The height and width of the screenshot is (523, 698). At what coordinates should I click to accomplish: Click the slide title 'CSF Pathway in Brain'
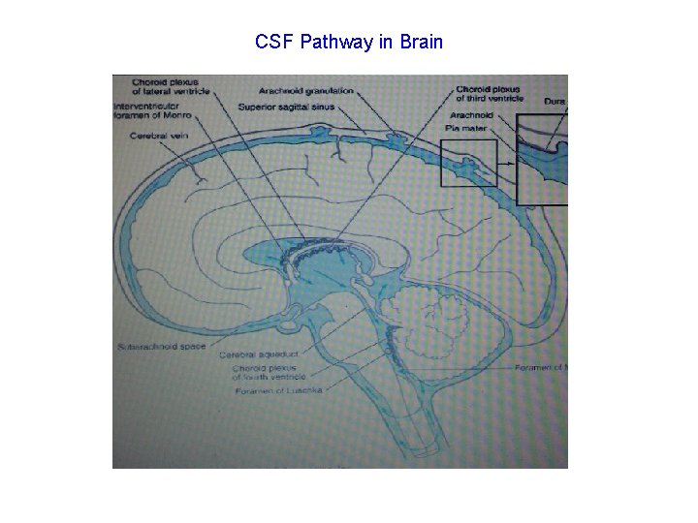349,42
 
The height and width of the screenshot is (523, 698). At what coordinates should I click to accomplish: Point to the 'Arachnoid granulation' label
306,91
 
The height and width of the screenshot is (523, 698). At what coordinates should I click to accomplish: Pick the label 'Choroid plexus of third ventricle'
489,94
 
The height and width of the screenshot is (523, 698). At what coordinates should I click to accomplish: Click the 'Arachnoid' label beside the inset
471,114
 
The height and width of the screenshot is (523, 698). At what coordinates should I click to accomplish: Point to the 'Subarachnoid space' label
162,346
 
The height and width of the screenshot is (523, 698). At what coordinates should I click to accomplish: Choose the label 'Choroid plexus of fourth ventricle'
269,373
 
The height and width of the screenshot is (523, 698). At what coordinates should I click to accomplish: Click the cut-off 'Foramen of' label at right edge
540,367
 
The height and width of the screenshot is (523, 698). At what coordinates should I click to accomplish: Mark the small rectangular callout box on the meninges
468,163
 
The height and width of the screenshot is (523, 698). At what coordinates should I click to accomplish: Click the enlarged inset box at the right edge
542,160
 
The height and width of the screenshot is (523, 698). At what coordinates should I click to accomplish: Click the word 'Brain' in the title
422,42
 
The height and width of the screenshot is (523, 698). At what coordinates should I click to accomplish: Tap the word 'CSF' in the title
273,42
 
